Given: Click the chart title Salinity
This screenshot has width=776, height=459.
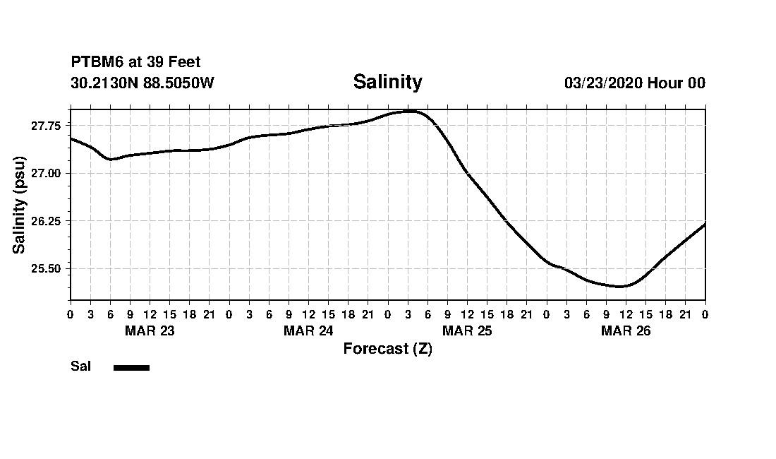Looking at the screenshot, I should pyautogui.click(x=387, y=82).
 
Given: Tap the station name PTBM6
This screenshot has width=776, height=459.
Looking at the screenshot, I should pyautogui.click(x=97, y=63).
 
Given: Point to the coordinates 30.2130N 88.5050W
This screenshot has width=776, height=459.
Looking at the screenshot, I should pyautogui.click(x=142, y=83).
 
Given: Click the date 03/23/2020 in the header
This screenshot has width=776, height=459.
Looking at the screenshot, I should pyautogui.click(x=603, y=83).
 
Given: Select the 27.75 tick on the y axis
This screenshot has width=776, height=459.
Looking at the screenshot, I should pyautogui.click(x=46, y=126).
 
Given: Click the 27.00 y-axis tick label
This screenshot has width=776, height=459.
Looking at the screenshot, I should pyautogui.click(x=46, y=174).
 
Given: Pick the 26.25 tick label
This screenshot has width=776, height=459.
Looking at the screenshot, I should pyautogui.click(x=46, y=221).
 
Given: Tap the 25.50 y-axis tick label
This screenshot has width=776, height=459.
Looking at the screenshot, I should pyautogui.click(x=46, y=269).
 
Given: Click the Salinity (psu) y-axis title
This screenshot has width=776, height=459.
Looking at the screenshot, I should pyautogui.click(x=19, y=205).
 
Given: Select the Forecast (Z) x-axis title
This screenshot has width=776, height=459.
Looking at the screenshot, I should pyautogui.click(x=387, y=349).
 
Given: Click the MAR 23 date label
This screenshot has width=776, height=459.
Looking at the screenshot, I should pyautogui.click(x=150, y=331).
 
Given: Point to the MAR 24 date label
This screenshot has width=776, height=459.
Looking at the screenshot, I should pyautogui.click(x=308, y=331).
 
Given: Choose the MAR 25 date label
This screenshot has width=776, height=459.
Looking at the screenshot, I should pyautogui.click(x=467, y=331).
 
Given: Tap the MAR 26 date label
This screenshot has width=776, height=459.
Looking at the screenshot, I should pyautogui.click(x=626, y=331).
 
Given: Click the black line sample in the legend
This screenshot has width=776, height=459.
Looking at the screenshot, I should pyautogui.click(x=131, y=367).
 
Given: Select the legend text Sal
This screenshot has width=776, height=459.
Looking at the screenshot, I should pyautogui.click(x=81, y=366).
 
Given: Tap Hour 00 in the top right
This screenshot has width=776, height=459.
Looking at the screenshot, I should pyautogui.click(x=677, y=83).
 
